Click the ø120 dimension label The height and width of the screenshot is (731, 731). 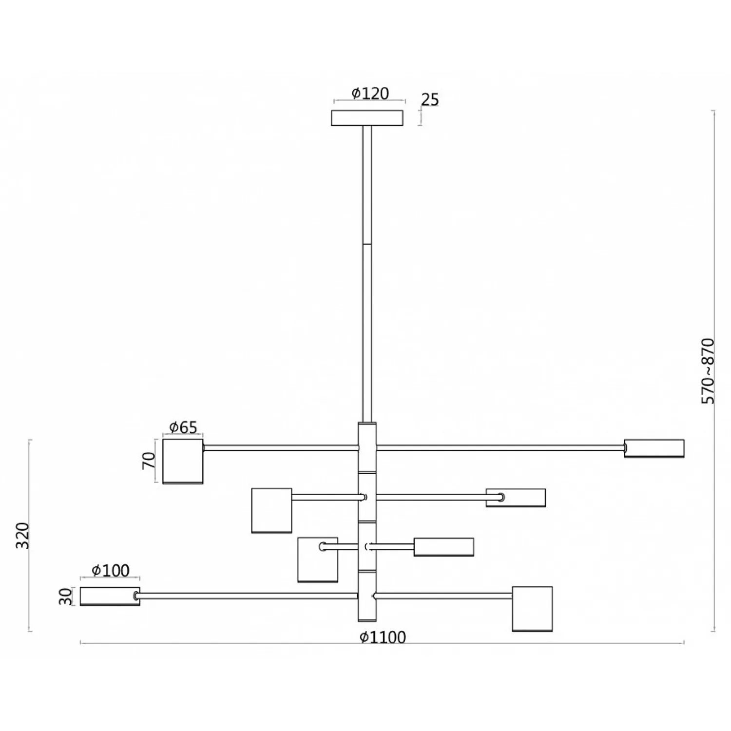pyautogui.click(x=370, y=93)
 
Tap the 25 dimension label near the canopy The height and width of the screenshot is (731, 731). pyautogui.click(x=430, y=99)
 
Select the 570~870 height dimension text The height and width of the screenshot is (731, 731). pyautogui.click(x=708, y=371)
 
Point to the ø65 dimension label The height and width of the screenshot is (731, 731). pyautogui.click(x=183, y=427)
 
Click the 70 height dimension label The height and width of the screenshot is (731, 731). pyautogui.click(x=149, y=461)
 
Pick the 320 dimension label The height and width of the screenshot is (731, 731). pyautogui.click(x=23, y=536)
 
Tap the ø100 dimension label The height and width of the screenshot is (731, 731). pyautogui.click(x=111, y=570)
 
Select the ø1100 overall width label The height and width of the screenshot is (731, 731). pyautogui.click(x=383, y=637)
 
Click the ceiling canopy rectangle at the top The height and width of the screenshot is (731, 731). pyautogui.click(x=367, y=118)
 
